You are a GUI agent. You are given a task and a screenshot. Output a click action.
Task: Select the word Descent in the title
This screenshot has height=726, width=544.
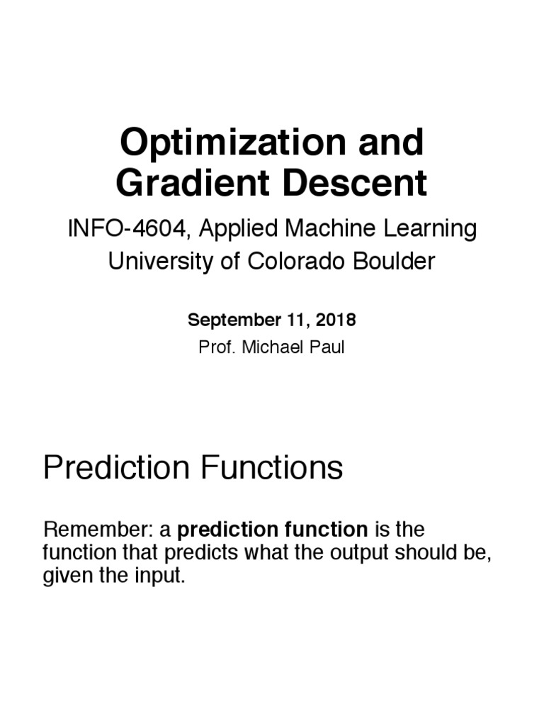click(x=356, y=183)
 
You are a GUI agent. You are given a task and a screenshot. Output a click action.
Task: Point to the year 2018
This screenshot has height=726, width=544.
click(x=336, y=320)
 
